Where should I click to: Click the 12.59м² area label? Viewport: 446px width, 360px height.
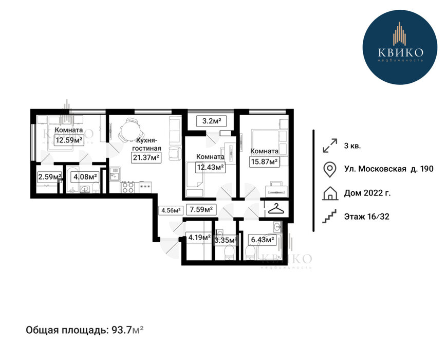(69, 140)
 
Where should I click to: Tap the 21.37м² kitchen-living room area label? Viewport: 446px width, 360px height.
(146, 157)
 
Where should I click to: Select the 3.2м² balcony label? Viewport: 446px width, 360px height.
(212, 121)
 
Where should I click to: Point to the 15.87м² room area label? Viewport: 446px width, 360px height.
(264, 161)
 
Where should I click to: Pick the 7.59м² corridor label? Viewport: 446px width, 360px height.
(201, 210)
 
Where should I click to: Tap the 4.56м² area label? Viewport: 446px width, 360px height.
(171, 210)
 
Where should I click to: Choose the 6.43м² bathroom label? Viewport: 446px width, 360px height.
(263, 240)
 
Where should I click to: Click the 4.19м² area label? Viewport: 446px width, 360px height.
(199, 238)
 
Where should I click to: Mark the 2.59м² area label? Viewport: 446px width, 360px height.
(50, 177)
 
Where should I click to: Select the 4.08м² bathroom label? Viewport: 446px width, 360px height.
(85, 177)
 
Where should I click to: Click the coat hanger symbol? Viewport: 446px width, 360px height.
(276, 209)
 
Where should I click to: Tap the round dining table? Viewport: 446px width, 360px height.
(129, 131)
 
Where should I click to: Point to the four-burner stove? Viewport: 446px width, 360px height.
(128, 187)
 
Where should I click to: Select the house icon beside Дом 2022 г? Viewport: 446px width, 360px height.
(330, 193)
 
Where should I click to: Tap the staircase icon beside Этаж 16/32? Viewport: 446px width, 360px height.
(330, 217)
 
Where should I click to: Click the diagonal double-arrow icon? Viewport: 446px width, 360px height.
(330, 146)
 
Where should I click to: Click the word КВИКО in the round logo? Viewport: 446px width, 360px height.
(400, 52)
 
